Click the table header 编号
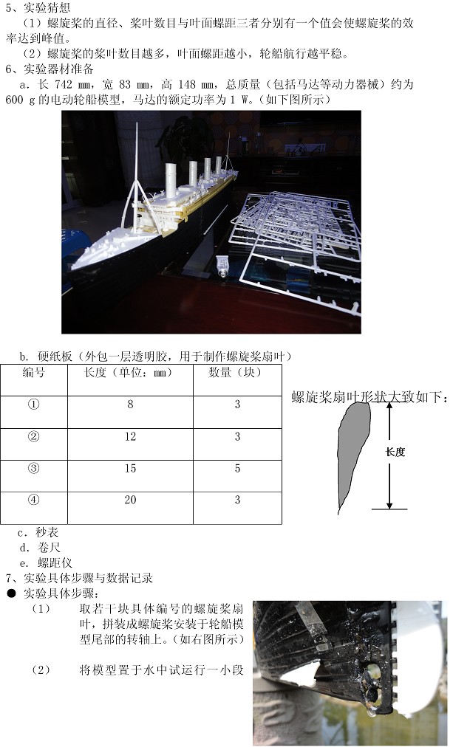point(34,373)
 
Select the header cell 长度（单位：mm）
point(128,373)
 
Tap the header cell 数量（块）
point(235,373)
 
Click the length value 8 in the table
point(130,405)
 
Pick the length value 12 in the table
point(130,436)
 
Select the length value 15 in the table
point(130,468)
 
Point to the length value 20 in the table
point(130,500)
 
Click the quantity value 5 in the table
point(237,468)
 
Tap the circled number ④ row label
point(34,500)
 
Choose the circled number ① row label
point(34,405)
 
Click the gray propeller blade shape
point(352,452)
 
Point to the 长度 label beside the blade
point(395,452)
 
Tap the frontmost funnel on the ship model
point(171,180)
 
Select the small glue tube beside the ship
point(221,266)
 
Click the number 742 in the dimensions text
point(64,85)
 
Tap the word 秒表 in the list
point(47,532)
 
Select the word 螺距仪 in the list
point(55,562)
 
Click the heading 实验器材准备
point(58,69)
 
